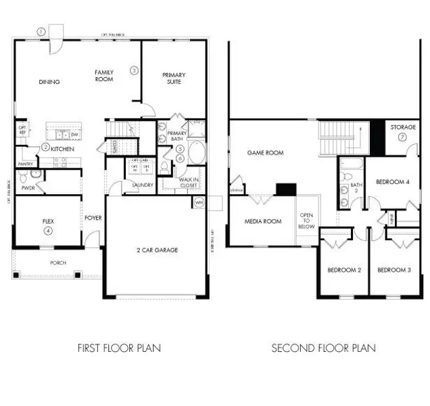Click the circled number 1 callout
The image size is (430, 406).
(41, 31)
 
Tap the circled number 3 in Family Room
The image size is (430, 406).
(134, 70)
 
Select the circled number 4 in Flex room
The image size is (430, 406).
(48, 231)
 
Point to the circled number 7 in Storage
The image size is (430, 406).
(402, 136)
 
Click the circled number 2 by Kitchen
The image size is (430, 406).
(45, 147)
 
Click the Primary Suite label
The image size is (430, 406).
(173, 78)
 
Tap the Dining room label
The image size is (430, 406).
(49, 82)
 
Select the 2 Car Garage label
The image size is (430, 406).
(157, 250)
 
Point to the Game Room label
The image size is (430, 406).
(266, 153)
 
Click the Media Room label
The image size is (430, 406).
(263, 221)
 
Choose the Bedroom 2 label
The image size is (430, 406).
(344, 270)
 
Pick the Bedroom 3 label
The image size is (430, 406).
(393, 270)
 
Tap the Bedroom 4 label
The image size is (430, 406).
(392, 181)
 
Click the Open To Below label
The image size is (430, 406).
(307, 222)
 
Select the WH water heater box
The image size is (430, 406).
(199, 202)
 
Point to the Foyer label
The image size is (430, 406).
(93, 218)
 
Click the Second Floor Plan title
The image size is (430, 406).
(323, 348)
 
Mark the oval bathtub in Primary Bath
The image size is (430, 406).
(197, 153)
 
